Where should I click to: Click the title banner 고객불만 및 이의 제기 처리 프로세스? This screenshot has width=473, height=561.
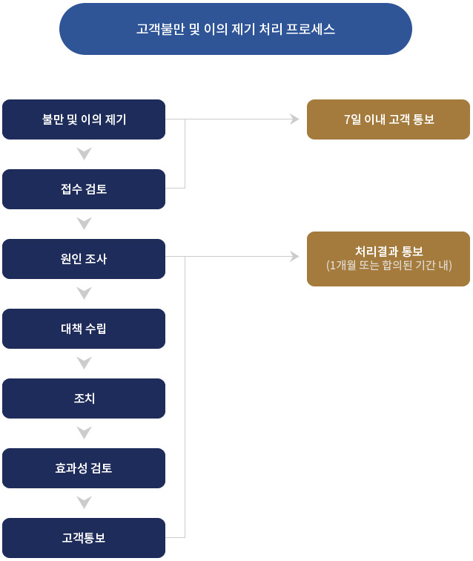coord(235,29)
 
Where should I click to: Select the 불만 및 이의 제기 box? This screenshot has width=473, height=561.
coord(84,119)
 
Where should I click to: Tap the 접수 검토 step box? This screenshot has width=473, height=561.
coord(84,189)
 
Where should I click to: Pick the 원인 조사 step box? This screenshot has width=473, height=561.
coord(84,259)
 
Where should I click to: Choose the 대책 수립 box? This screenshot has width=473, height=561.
coord(84,329)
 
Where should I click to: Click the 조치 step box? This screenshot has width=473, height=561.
coord(84,398)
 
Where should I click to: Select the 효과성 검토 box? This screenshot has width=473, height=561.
coord(84,468)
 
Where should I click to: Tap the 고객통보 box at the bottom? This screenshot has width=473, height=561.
coord(84,538)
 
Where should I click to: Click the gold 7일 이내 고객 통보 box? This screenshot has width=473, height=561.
coord(388,119)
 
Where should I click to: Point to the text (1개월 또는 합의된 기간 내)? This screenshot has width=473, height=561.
coord(388,265)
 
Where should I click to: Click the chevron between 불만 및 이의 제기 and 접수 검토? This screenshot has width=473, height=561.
coord(84,154)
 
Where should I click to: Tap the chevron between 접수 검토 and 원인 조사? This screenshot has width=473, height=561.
coord(84,223)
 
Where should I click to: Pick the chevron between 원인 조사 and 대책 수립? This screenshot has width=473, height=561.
coord(84,293)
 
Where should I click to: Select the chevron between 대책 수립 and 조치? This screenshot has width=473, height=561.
coord(84,363)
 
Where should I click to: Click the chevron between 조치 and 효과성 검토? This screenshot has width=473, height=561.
coord(84,433)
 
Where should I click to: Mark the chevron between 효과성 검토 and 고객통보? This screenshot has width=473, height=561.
coord(84,502)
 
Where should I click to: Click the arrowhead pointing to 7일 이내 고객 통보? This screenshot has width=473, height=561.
coord(294,119)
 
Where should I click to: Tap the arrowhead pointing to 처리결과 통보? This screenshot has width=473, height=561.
coord(294,257)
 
